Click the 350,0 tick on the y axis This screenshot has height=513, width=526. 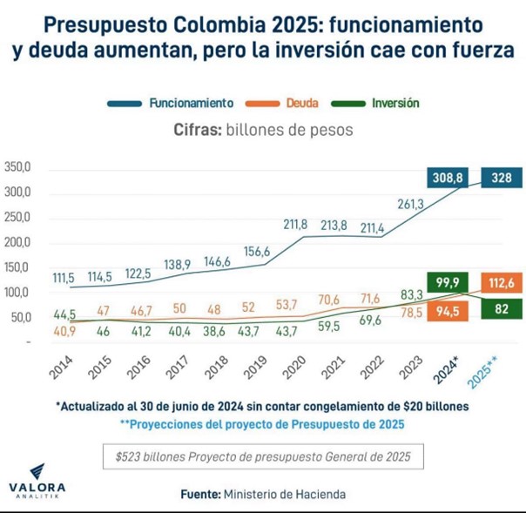tap(17, 167)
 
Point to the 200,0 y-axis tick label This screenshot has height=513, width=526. tap(17, 241)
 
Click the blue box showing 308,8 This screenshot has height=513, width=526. tap(448, 178)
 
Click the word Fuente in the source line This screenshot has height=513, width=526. tap(199, 494)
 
